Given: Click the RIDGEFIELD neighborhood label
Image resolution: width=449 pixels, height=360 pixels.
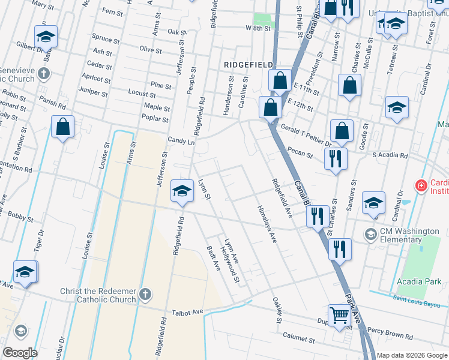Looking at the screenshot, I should (249, 64).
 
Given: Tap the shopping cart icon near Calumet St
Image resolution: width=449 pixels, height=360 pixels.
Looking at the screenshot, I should (339, 315).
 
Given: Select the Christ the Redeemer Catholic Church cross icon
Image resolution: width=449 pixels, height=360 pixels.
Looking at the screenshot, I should (145, 294).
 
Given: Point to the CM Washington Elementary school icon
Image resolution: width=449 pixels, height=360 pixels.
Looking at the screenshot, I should (371, 233).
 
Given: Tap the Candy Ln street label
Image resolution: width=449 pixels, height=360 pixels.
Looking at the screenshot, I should (181, 142).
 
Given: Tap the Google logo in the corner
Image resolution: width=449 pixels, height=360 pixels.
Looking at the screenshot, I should (20, 353).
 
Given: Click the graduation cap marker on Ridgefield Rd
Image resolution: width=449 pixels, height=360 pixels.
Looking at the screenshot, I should (182, 191).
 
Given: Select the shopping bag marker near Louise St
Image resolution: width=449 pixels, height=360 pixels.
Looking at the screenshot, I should (62, 127).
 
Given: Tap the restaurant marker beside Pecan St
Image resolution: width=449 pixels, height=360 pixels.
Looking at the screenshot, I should (335, 159).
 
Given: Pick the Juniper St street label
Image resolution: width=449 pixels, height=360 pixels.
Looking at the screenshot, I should (93, 94).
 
